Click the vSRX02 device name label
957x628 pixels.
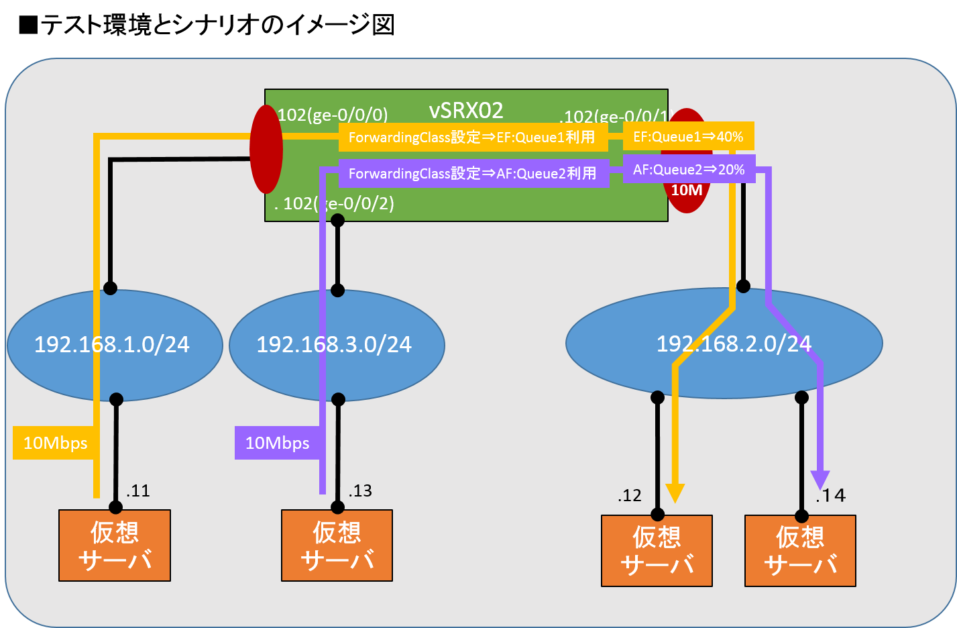(466, 110)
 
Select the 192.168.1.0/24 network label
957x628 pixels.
(112, 344)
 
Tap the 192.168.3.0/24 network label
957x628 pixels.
(334, 344)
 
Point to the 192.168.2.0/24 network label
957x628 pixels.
(734, 344)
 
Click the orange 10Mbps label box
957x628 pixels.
(55, 443)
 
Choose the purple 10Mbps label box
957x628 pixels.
(277, 443)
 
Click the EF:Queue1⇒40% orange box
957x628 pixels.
(688, 137)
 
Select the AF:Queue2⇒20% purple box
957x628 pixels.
(689, 170)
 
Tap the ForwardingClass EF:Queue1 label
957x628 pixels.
(472, 138)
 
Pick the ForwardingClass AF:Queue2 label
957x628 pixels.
(473, 174)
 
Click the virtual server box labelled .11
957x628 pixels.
(115, 545)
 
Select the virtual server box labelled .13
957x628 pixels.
(337, 545)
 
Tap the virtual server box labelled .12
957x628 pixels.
(657, 551)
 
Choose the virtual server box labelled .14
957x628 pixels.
(800, 551)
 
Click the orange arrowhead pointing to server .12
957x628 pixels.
(675, 493)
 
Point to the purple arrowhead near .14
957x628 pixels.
(820, 480)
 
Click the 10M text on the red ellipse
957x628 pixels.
(687, 191)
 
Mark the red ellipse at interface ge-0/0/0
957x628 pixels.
(266, 149)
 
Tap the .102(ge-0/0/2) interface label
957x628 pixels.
(334, 203)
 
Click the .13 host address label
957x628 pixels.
(360, 491)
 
